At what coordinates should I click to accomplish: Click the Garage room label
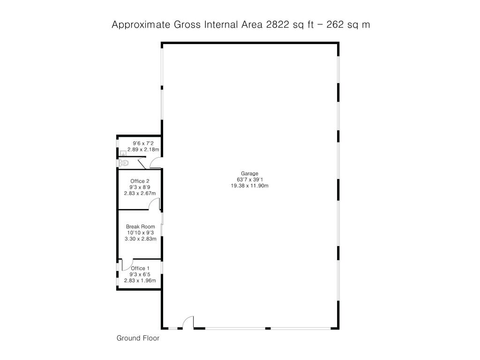pos(249,173)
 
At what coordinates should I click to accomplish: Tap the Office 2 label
pos(140,181)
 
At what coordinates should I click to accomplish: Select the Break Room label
pos(141,226)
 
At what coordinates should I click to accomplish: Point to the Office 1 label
pos(140,269)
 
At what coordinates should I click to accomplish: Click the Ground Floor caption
pos(138,338)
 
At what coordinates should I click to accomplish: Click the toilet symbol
pos(123,163)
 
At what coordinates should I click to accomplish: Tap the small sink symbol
pos(123,153)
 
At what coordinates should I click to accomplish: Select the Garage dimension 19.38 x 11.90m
pos(249,186)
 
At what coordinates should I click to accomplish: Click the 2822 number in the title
pos(277,24)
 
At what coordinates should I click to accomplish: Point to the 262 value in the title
pos(335,24)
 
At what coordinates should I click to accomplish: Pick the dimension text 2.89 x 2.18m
pos(143,150)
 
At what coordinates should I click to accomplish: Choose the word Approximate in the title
pos(141,24)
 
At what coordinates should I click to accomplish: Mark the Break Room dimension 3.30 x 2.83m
pos(141,239)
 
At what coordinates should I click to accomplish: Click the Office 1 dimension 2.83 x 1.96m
pos(140,280)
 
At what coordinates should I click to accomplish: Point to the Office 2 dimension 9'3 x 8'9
pos(140,187)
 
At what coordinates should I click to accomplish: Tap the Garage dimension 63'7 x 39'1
pos(249,180)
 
